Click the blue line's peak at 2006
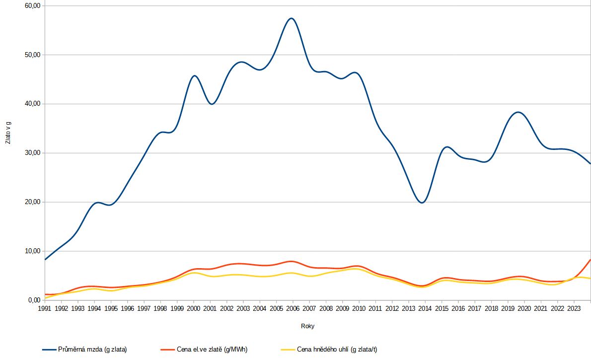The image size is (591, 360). point(292,18)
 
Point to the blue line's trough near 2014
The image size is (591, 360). point(422,203)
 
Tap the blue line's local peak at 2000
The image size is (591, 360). point(194,76)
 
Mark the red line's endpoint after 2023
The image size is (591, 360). point(590,260)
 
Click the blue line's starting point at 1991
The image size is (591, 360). point(45,259)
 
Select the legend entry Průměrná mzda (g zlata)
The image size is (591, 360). point(84,350)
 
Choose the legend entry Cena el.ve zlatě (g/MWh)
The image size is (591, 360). point(204,350)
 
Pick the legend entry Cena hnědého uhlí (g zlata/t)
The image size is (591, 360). point(329,350)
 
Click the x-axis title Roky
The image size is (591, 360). point(307,326)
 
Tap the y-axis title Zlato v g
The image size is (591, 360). point(8,133)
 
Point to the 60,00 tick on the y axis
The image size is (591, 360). point(32,5)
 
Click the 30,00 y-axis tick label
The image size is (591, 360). point(32,152)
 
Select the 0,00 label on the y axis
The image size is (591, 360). point(34,300)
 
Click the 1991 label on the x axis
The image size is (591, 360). point(45,308)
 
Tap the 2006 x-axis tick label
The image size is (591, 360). point(293,308)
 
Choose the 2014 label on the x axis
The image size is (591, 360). point(425,308)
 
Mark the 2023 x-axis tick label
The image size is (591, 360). point(574,308)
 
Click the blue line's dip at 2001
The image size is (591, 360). point(212,104)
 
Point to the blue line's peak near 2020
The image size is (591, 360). point(518,112)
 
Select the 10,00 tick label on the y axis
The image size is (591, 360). point(32,251)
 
